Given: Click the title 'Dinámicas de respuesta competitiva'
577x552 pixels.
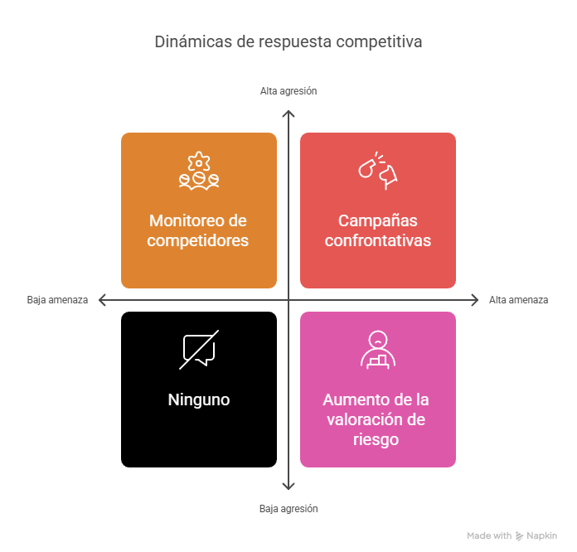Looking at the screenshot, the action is (x=288, y=41).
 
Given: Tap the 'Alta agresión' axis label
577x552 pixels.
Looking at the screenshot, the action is (x=288, y=91).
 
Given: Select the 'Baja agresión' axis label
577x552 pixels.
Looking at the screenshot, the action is (x=288, y=509).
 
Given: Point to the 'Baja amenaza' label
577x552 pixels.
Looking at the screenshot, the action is (x=57, y=300).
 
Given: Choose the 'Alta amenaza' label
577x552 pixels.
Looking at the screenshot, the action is (x=518, y=300).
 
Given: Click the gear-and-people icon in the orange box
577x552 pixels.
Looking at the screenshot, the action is (x=199, y=171).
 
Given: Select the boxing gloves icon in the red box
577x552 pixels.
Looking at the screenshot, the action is (x=378, y=171).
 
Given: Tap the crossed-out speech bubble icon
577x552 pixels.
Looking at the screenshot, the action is (x=199, y=350).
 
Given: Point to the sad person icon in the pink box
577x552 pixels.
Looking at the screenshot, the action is (x=378, y=350).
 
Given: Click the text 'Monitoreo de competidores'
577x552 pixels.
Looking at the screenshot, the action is (x=198, y=230).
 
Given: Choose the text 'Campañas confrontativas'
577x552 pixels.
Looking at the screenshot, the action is (x=378, y=230).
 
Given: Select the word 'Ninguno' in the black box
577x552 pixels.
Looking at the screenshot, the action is (x=199, y=399).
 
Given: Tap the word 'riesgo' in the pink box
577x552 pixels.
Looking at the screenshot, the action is (x=376, y=440).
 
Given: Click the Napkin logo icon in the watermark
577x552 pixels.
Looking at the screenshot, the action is (x=519, y=535).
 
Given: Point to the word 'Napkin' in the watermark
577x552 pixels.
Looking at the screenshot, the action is (x=541, y=535).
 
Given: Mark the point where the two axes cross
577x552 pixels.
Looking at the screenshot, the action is (x=288, y=300).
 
